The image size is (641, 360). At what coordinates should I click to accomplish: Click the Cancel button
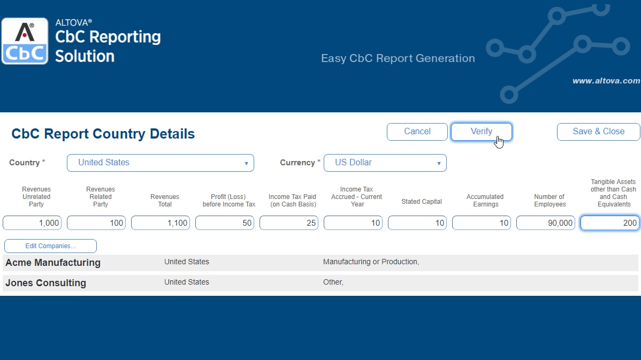[x=417, y=132]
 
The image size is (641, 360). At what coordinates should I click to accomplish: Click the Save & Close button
[x=599, y=132]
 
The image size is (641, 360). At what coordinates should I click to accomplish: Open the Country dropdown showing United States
[x=161, y=163]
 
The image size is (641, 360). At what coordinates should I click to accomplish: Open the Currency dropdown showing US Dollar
[x=385, y=163]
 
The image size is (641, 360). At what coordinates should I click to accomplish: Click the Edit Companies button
[x=50, y=246]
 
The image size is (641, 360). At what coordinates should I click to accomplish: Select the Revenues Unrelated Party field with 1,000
[x=32, y=223]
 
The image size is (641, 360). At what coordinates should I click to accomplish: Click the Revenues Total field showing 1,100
[x=161, y=223]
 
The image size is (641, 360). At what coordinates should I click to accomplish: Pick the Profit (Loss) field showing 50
[x=225, y=223]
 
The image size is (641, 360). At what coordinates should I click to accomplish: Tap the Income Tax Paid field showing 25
[x=289, y=223]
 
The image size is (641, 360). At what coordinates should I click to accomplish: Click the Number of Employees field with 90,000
[x=546, y=223]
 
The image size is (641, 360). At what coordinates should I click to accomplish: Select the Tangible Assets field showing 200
[x=610, y=223]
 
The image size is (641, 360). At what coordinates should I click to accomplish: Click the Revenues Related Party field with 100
[x=96, y=223]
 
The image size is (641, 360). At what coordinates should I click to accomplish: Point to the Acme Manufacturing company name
[x=53, y=262]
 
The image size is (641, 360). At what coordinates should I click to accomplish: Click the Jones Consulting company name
[x=45, y=283]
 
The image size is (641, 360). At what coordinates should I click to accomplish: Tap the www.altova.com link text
[x=606, y=81]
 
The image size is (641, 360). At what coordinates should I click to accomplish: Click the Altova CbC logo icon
[x=25, y=41]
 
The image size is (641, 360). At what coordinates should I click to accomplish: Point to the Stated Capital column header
[x=422, y=202]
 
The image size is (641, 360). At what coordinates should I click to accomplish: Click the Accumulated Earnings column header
[x=485, y=200]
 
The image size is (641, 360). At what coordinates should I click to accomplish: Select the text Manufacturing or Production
[x=370, y=262]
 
